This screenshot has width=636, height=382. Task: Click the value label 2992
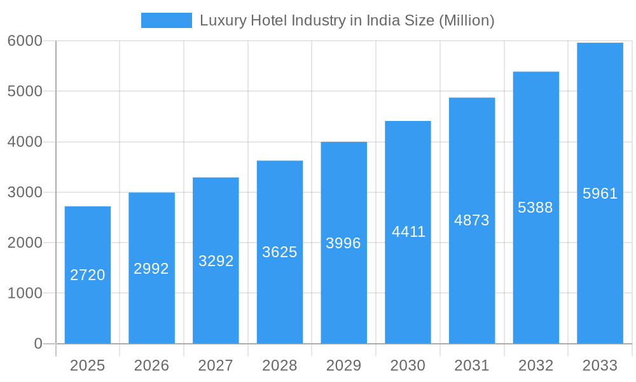point(151,269)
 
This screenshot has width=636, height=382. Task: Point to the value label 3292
point(216,261)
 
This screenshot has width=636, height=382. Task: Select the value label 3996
point(343,243)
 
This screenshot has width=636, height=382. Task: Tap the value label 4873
point(471,220)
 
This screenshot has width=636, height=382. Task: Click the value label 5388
point(536,208)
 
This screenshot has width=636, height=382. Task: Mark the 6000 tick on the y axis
point(25,41)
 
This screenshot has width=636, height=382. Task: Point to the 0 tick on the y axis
point(38,344)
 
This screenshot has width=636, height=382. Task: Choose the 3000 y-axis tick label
point(25,192)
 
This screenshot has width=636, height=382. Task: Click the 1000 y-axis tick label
point(25,294)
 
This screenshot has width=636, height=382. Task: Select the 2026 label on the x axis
point(151,365)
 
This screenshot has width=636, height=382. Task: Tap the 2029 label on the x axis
point(343,365)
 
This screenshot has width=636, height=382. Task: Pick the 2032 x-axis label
point(536,365)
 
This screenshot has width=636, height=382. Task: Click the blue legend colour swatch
point(166,20)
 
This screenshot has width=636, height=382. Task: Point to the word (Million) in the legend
point(466,20)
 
